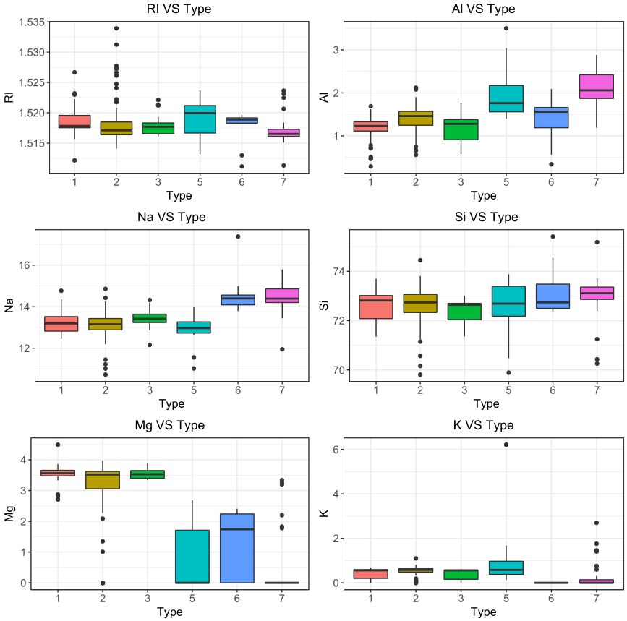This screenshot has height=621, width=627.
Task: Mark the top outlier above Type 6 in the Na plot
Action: tap(238, 236)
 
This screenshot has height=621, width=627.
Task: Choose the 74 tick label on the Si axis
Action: tap(336, 272)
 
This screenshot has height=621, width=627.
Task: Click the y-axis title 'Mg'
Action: tap(10, 514)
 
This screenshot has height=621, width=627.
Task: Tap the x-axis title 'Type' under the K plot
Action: tap(483, 612)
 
